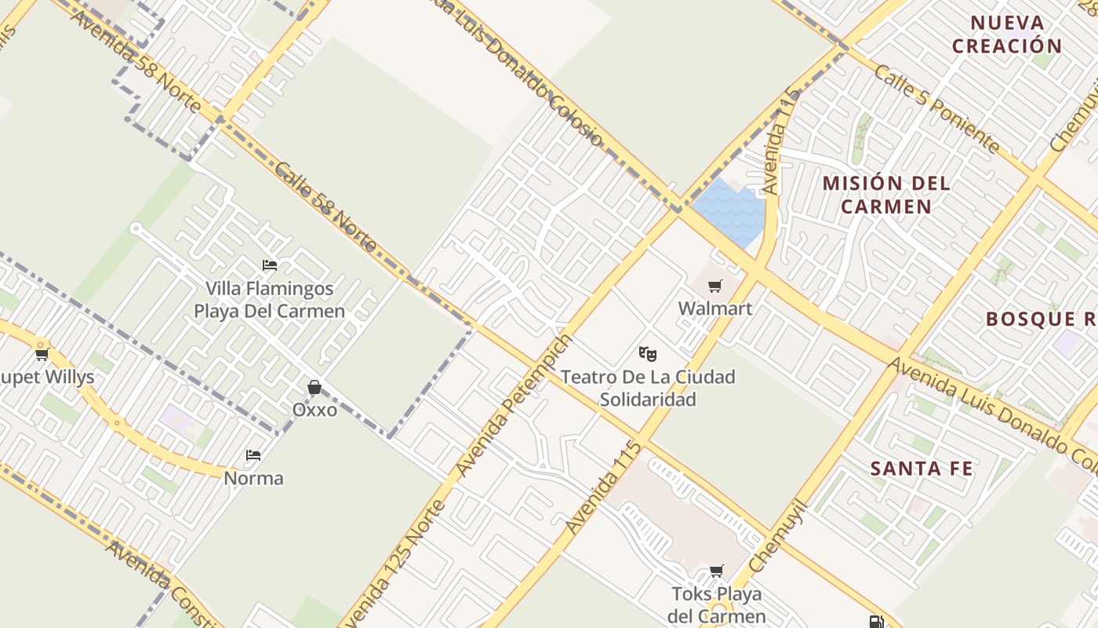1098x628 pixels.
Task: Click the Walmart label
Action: [x=714, y=309]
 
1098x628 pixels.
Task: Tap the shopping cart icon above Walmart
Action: [x=714, y=287]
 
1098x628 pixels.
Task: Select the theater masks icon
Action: [x=647, y=354]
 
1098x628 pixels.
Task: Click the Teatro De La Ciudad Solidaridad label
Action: [x=648, y=388]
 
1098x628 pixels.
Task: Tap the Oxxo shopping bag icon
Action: [x=314, y=387]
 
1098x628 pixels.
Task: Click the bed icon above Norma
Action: [x=253, y=455]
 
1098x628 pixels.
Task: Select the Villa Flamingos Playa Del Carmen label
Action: [x=269, y=300]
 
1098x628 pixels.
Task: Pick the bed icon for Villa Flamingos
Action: [x=270, y=265]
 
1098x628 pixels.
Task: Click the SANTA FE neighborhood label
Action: [x=922, y=469]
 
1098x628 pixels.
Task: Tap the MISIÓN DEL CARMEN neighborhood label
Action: [x=885, y=195]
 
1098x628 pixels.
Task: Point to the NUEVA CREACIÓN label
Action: [x=1007, y=35]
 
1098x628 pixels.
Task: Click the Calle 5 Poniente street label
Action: [x=936, y=108]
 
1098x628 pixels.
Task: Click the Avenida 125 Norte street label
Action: [x=396, y=564]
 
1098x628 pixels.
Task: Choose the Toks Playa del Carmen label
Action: [x=717, y=604]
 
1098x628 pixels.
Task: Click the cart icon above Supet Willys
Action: [x=42, y=355]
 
